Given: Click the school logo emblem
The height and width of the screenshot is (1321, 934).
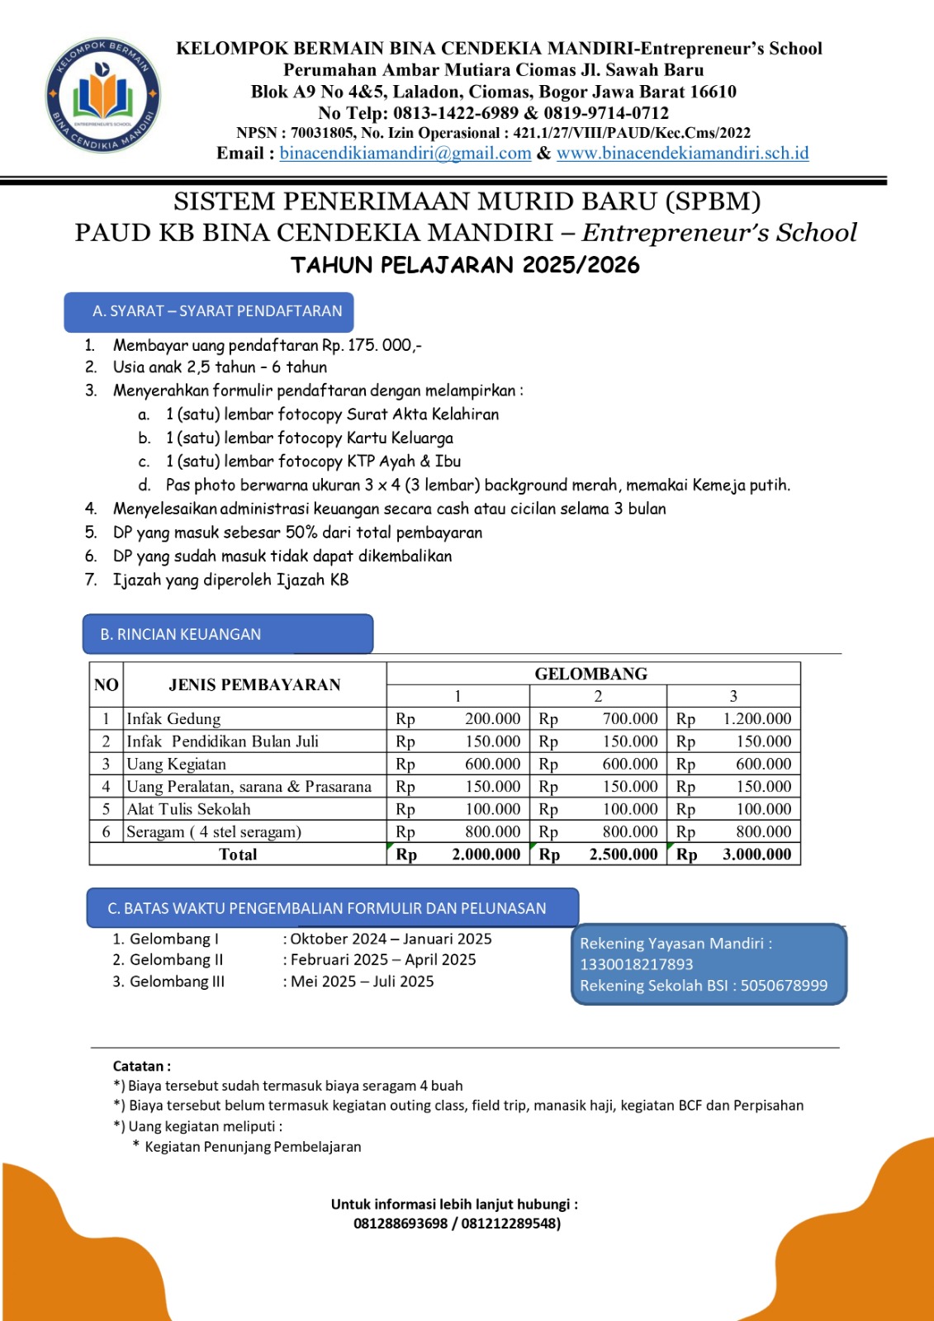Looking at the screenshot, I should point(102,96).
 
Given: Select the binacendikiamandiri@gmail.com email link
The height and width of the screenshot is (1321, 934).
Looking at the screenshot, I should point(405,153).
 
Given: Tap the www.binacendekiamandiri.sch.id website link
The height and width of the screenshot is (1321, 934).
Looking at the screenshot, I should point(682,153).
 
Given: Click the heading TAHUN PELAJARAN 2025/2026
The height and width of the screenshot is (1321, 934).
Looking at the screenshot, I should point(465,265).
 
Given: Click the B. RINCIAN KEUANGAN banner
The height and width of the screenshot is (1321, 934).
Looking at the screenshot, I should point(227,634).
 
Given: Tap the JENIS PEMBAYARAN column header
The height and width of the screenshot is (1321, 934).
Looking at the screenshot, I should point(254,684).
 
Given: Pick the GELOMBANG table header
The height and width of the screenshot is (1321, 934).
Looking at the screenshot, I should point(591,674).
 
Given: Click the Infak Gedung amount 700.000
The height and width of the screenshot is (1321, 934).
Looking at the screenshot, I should point(630,719).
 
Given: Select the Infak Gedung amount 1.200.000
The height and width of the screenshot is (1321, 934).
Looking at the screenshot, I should point(756,719).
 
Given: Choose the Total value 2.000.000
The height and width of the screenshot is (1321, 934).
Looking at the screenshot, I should point(486,855).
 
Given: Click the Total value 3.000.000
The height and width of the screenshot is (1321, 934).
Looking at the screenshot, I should point(756,855).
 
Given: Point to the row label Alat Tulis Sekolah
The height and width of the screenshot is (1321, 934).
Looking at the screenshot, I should point(188,809).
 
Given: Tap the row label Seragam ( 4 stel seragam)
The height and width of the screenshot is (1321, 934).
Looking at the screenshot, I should point(214,832).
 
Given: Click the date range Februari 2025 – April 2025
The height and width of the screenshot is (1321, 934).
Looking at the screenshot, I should point(383,959).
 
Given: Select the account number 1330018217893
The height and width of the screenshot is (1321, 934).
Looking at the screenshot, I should point(624,964).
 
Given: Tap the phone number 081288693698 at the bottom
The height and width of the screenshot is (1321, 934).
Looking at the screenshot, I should point(401,1224).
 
